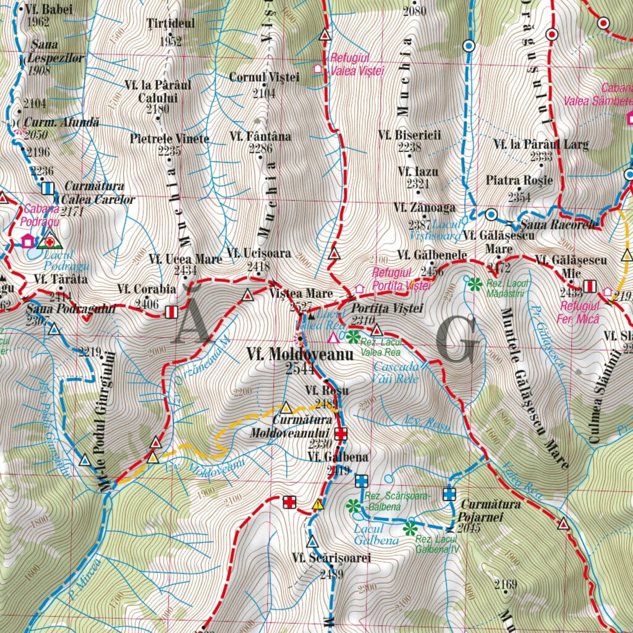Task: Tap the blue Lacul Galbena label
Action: click(368, 534)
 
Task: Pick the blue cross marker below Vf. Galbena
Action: click(362, 481)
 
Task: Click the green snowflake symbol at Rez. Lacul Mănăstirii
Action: click(475, 284)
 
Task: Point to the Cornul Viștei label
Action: click(264, 77)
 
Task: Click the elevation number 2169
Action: click(506, 583)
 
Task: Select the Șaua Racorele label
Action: click(559, 224)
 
